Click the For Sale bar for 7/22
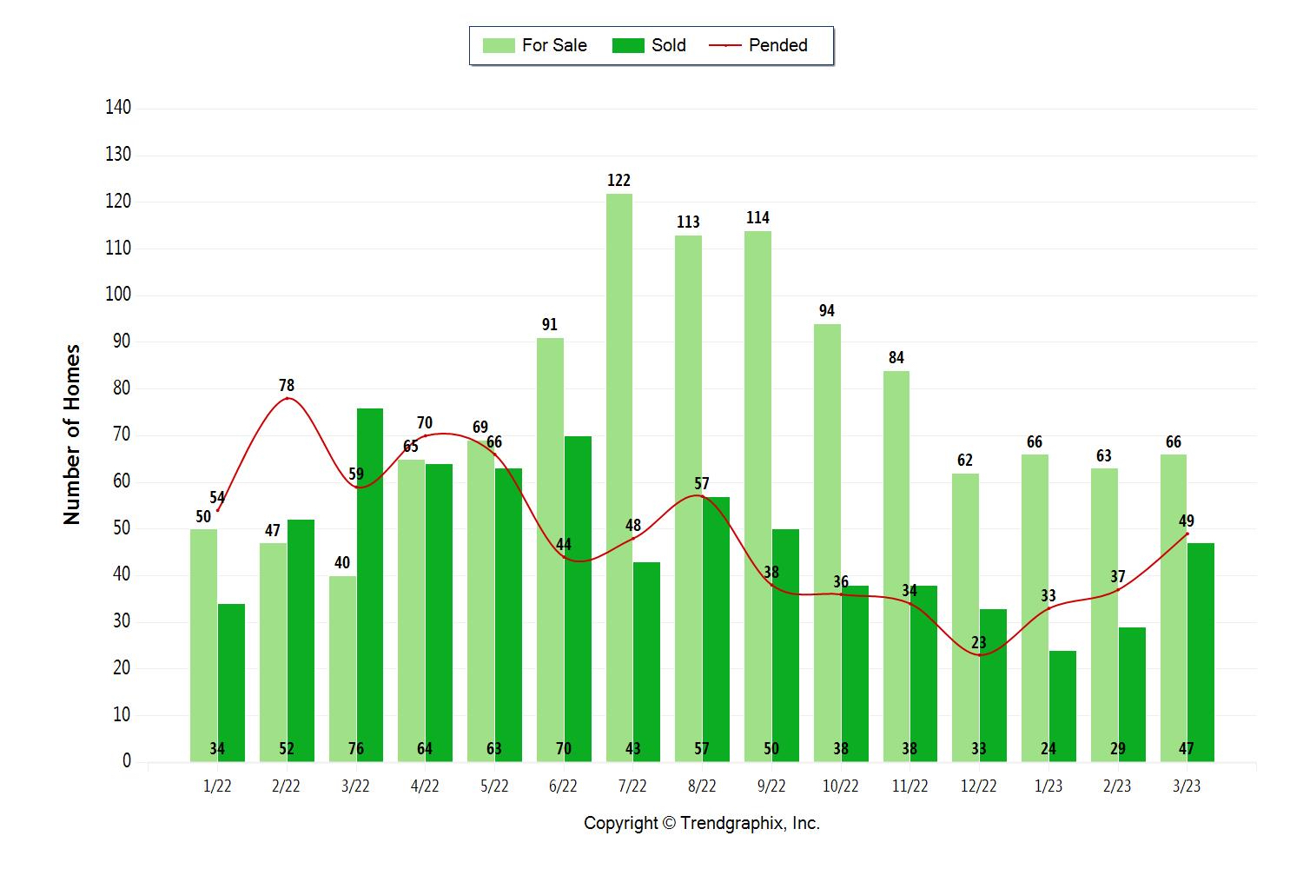pyautogui.click(x=619, y=478)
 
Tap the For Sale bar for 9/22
pyautogui.click(x=757, y=496)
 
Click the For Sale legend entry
pyautogui.click(x=535, y=45)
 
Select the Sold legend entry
pyautogui.click(x=649, y=45)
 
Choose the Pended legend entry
pyautogui.click(x=759, y=45)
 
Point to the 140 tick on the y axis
pyautogui.click(x=118, y=108)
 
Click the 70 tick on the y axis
pyautogui.click(x=121, y=434)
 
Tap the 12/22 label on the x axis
pyautogui.click(x=978, y=786)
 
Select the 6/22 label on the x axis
pyautogui.click(x=563, y=786)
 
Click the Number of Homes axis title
pyautogui.click(x=71, y=434)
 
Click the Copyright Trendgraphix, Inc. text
pyautogui.click(x=701, y=823)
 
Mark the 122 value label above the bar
pyautogui.click(x=618, y=180)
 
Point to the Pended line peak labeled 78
pyautogui.click(x=287, y=398)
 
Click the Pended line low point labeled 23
pyautogui.click(x=979, y=654)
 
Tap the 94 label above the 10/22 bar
pyautogui.click(x=827, y=310)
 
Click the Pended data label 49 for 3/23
pyautogui.click(x=1186, y=521)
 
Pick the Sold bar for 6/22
pyautogui.click(x=578, y=599)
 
